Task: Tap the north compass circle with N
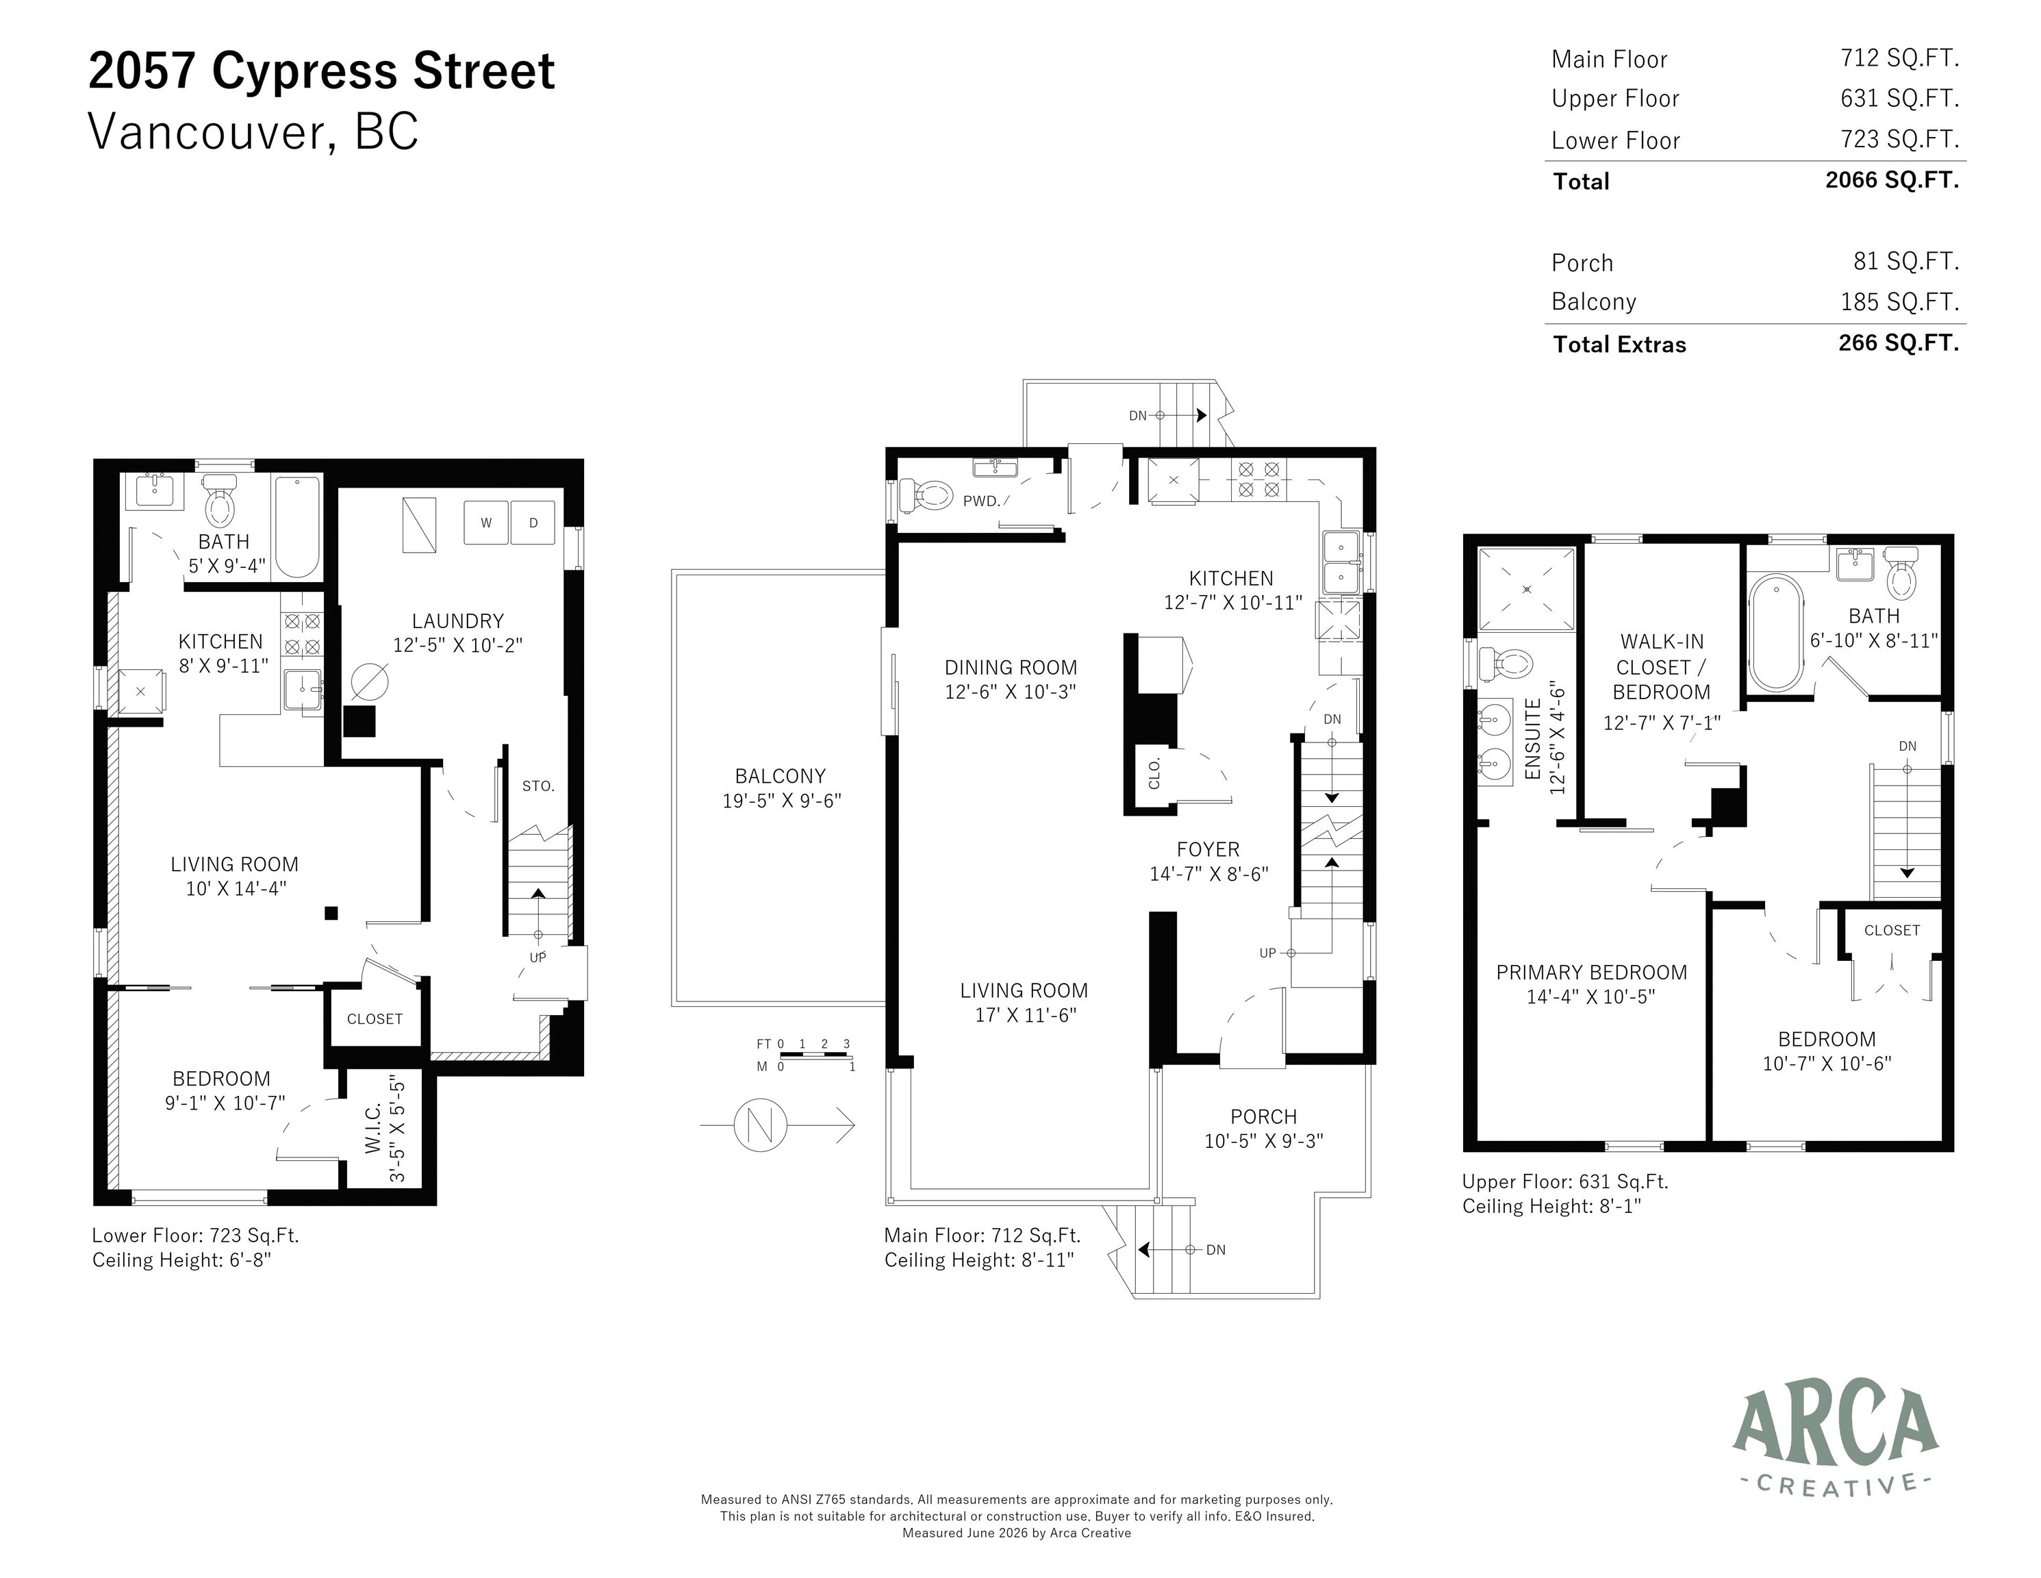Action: [761, 1125]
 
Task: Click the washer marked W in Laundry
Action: [486, 523]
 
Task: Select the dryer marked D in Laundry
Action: [533, 523]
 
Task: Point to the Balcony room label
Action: [781, 776]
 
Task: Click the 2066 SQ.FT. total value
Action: [1892, 180]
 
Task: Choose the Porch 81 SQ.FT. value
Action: [1906, 262]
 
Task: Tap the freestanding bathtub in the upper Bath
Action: [1775, 632]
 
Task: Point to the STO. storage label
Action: [538, 786]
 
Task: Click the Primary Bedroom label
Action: [1591, 973]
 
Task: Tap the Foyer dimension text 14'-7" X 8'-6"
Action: [1208, 874]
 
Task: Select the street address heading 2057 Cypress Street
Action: [322, 71]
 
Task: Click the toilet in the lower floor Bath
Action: [220, 500]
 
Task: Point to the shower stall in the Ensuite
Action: [1526, 589]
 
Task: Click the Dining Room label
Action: [1011, 668]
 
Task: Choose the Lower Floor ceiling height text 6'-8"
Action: [248, 1260]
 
